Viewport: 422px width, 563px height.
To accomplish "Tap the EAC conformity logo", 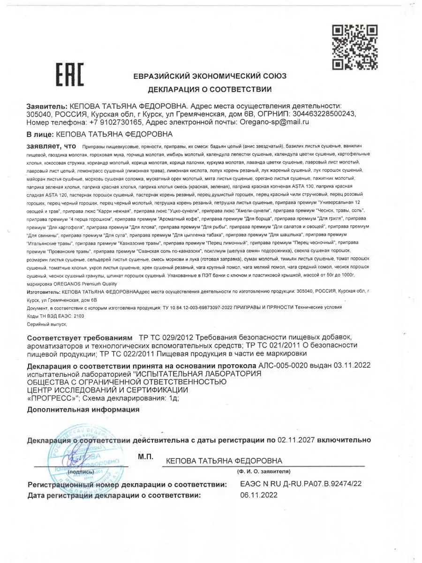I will (70, 75).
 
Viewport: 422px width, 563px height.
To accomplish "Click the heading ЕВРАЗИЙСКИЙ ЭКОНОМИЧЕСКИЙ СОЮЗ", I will (210, 76).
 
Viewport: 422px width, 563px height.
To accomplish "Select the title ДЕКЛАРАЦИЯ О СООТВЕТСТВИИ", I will (210, 89).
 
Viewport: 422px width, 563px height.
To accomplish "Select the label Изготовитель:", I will (44, 291).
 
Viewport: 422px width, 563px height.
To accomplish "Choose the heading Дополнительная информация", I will (83, 409).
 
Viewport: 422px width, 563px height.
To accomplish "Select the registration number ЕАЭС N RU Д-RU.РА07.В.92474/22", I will (301, 484).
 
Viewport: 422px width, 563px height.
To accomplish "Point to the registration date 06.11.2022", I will (258, 495).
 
